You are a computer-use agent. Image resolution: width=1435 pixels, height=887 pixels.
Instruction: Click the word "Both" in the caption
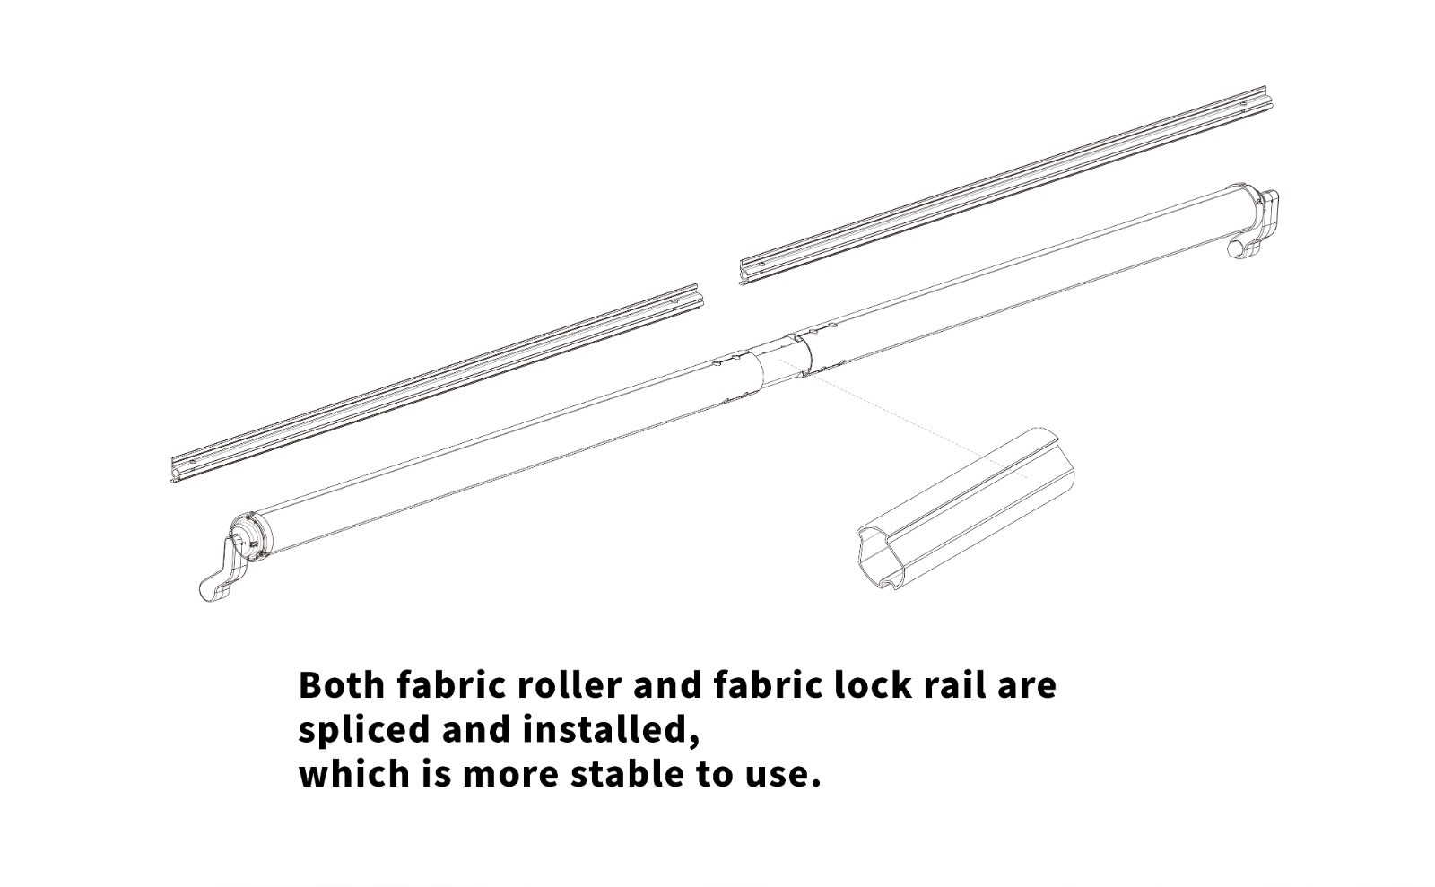[342, 685]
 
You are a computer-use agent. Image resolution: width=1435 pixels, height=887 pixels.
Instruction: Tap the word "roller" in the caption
[569, 685]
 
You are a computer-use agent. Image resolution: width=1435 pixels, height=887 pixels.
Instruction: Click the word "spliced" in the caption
[364, 730]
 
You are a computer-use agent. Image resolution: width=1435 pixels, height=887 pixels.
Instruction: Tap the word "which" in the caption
[354, 774]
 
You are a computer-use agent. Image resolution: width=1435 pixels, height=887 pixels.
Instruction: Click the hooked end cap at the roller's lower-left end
[224, 570]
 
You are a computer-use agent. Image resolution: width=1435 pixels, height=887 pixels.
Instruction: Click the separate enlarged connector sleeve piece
[965, 509]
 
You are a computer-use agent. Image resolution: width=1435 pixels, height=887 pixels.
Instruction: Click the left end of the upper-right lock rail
[743, 272]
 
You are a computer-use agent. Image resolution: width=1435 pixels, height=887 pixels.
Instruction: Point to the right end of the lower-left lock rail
[699, 296]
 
